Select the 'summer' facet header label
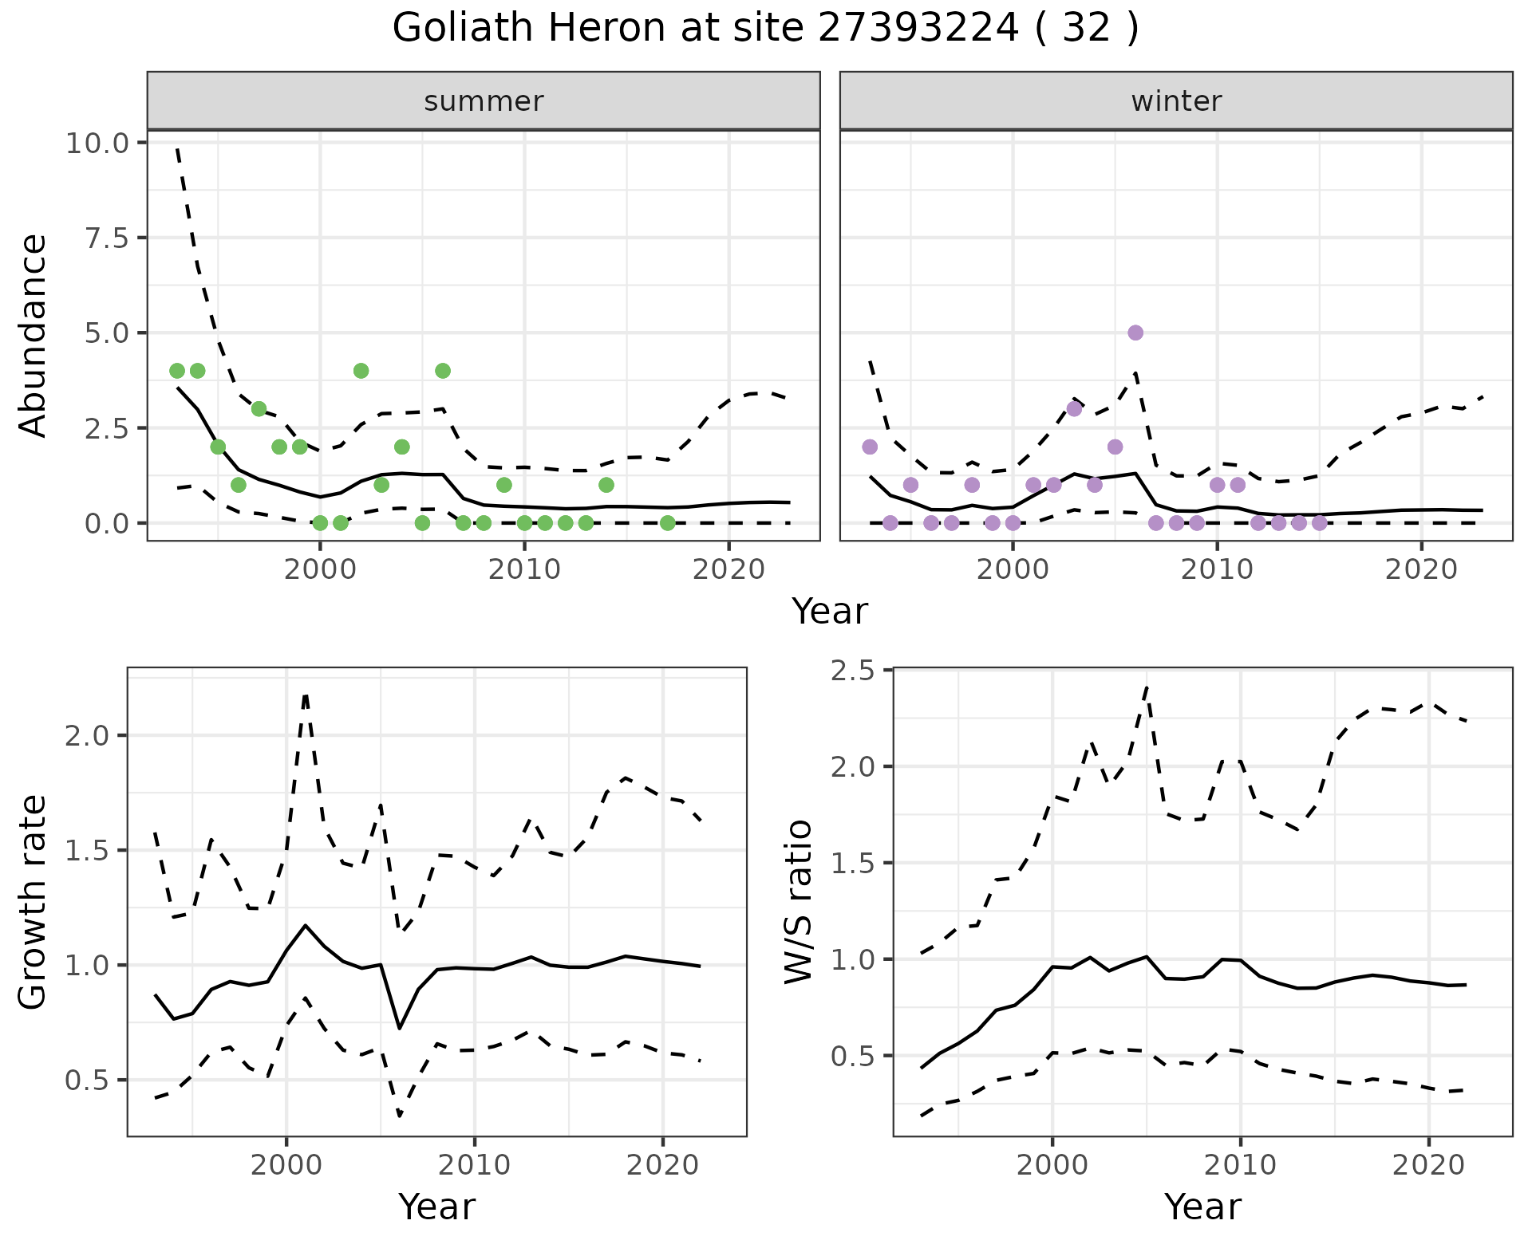(484, 101)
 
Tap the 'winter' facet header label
(1176, 101)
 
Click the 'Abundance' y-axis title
(34, 336)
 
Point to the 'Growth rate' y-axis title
(34, 902)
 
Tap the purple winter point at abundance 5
(1135, 333)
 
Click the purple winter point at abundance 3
(1074, 409)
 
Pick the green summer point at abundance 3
(259, 409)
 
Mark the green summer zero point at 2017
(668, 523)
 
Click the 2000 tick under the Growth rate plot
(286, 1165)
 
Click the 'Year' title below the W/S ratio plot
(1202, 1207)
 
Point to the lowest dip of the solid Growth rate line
(400, 1028)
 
